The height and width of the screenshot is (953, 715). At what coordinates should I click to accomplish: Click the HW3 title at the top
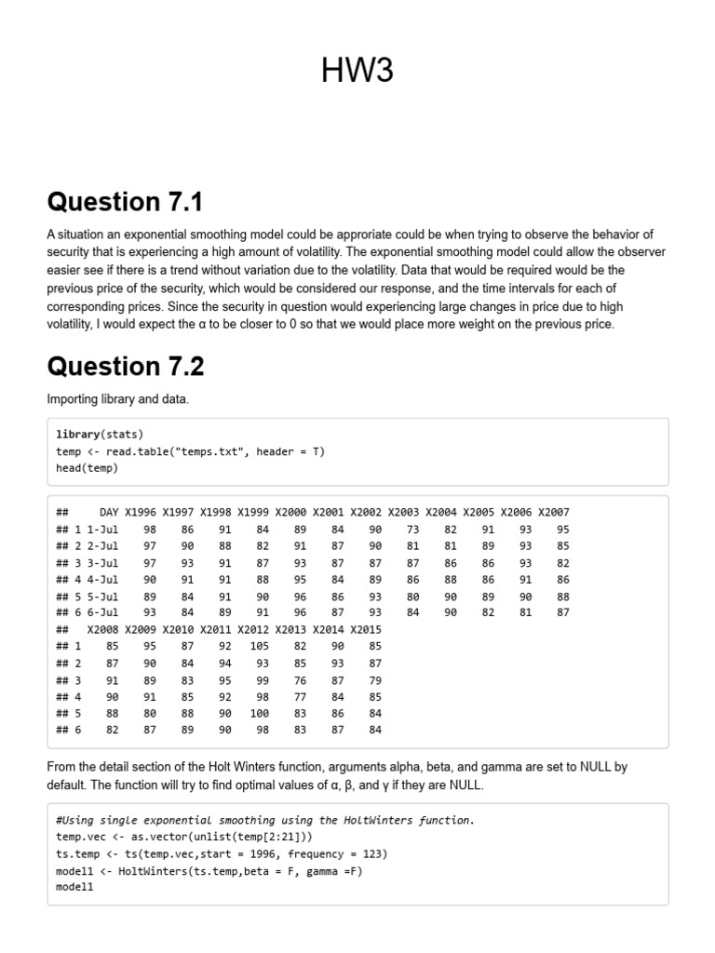click(357, 71)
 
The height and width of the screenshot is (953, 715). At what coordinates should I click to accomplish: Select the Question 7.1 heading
click(125, 202)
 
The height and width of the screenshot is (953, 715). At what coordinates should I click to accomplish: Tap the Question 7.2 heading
click(126, 367)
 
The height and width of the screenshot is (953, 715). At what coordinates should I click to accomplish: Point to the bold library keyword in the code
click(77, 435)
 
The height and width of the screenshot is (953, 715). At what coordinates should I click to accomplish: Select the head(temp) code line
click(87, 468)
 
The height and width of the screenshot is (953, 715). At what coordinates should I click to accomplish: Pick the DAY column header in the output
click(109, 512)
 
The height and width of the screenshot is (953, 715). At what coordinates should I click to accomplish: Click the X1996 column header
click(141, 512)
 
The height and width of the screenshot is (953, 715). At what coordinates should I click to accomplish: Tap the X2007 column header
click(553, 512)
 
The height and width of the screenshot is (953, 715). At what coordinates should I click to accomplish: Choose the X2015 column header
click(366, 629)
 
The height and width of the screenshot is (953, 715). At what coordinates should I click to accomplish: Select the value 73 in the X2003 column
click(413, 529)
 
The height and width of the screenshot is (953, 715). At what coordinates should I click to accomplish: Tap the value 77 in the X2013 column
click(300, 696)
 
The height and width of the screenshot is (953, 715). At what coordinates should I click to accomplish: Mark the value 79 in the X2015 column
click(374, 679)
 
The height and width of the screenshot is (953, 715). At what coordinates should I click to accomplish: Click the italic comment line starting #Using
click(265, 820)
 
